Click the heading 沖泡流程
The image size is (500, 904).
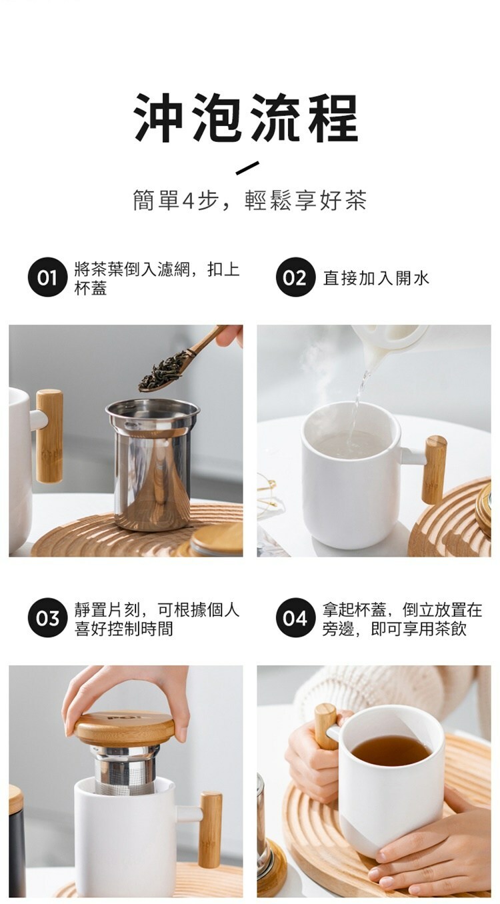tap(246, 117)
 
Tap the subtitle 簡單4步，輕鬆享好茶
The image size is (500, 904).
tap(250, 200)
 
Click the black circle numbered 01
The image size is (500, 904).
tap(47, 277)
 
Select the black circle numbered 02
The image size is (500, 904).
tap(295, 277)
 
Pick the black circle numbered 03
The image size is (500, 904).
tap(47, 618)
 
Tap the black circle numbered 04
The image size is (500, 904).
tap(295, 618)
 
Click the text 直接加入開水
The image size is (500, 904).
tap(376, 278)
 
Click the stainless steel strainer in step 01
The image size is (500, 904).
tap(153, 463)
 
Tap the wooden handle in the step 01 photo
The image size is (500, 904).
tap(49, 436)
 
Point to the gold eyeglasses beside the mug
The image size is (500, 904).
tap(267, 495)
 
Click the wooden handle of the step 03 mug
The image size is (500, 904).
tap(210, 824)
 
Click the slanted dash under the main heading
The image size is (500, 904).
tap(247, 168)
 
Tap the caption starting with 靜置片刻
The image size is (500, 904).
tap(157, 619)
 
